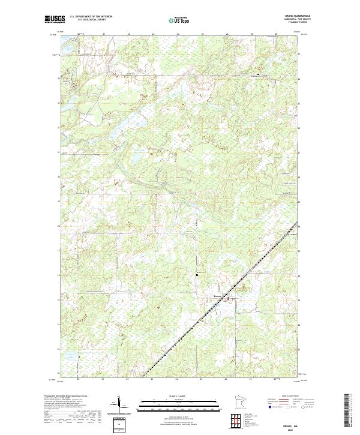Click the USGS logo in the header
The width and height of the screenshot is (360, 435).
[55, 19]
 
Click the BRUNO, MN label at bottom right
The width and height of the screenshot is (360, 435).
[292, 423]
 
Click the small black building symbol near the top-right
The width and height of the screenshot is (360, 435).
[259, 75]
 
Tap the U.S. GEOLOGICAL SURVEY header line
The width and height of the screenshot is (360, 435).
[91, 20]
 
